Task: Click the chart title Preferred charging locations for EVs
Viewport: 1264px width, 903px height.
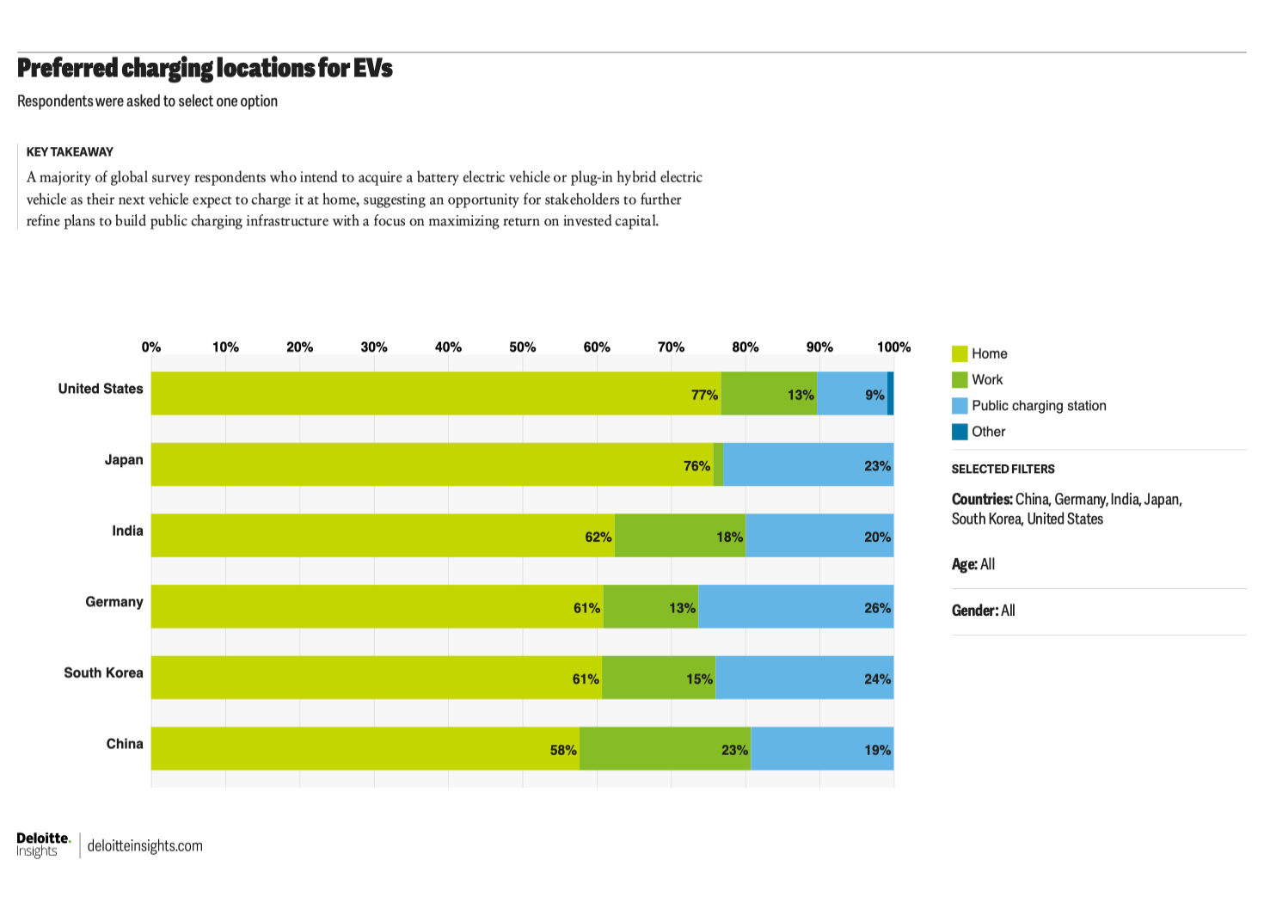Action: point(205,68)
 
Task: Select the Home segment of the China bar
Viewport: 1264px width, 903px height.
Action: point(365,748)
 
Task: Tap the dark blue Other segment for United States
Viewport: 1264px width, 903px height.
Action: point(890,393)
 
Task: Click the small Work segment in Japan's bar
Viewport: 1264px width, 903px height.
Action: point(718,464)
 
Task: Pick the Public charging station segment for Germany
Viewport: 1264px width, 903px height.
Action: point(795,606)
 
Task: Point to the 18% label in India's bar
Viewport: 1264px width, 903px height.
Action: point(729,537)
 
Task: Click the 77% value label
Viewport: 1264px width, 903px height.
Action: point(704,395)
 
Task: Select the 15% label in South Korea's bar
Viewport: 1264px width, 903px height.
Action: point(699,679)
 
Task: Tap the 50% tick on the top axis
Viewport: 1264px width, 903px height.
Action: point(522,347)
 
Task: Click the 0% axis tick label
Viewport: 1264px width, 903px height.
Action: point(151,347)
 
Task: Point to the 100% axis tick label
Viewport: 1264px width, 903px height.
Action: point(893,347)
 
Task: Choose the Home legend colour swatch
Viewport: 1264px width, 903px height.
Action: point(960,353)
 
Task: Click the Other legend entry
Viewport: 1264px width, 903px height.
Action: point(988,432)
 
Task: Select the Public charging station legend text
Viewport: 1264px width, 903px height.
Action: point(1039,406)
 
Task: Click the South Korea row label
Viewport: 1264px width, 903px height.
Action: point(103,673)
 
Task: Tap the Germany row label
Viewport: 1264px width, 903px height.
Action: point(114,601)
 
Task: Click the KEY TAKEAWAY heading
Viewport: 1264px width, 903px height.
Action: point(70,152)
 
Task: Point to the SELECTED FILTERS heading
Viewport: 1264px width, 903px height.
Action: point(1003,469)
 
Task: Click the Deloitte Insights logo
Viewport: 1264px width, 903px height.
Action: point(42,845)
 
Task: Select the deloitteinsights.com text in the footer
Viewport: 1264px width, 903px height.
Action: point(145,845)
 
